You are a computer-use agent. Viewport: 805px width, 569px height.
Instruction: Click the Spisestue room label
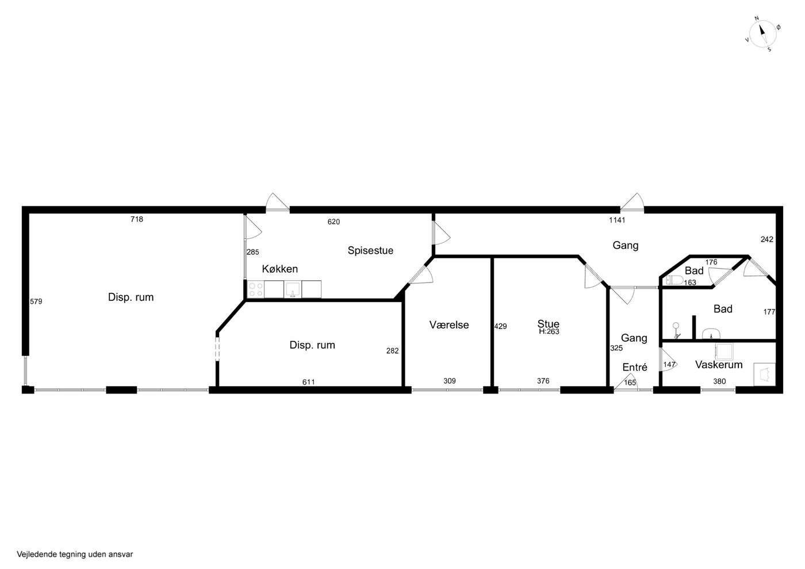pyautogui.click(x=370, y=250)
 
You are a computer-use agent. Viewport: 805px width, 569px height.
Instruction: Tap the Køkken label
pyautogui.click(x=279, y=269)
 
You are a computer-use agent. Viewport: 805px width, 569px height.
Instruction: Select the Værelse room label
pyautogui.click(x=449, y=325)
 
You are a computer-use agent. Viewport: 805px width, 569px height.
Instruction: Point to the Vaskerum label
pyautogui.click(x=719, y=365)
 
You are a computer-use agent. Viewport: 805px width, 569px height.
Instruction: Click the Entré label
pyautogui.click(x=635, y=367)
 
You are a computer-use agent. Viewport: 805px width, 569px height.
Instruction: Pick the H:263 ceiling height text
pyautogui.click(x=549, y=331)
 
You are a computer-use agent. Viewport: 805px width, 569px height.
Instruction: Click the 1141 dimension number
pyautogui.click(x=617, y=220)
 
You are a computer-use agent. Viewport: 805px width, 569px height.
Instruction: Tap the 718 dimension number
pyautogui.click(x=137, y=219)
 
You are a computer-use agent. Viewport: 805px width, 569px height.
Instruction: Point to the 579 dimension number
pyautogui.click(x=36, y=301)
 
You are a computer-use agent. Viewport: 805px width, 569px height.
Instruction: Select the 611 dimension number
pyautogui.click(x=308, y=382)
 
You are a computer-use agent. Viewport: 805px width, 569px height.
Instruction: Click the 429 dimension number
pyautogui.click(x=501, y=326)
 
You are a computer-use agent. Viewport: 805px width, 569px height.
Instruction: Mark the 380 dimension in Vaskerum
pyautogui.click(x=719, y=381)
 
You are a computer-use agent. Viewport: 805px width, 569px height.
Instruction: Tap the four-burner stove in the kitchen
pyautogui.click(x=255, y=289)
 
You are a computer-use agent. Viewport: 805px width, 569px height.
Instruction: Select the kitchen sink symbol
pyautogui.click(x=293, y=289)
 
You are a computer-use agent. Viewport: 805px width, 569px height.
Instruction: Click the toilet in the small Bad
pyautogui.click(x=674, y=280)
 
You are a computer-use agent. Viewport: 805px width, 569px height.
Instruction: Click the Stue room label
pyautogui.click(x=549, y=323)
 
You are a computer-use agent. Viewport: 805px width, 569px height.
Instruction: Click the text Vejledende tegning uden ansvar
pyautogui.click(x=75, y=554)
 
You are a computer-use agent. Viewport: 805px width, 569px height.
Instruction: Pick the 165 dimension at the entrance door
pyautogui.click(x=630, y=383)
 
